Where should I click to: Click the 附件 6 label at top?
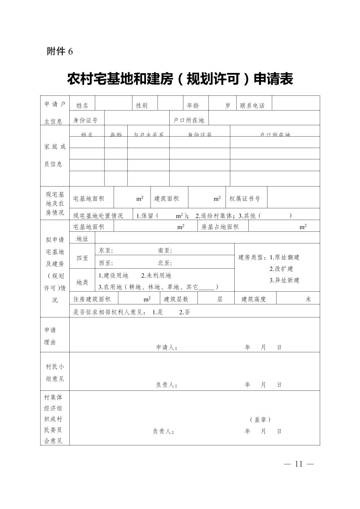pos(60,51)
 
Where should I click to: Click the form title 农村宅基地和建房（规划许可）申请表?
pos(180,79)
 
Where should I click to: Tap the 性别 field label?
pos(141,105)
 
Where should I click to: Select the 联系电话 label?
pos(252,105)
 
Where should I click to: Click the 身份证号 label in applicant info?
pos(85,120)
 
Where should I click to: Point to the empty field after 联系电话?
pos(296,103)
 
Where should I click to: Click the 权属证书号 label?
pos(245,199)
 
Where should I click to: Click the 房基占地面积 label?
pos(220,227)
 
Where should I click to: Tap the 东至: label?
pos(106,250)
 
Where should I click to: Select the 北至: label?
pos(165,263)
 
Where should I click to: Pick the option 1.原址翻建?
pos(285,257)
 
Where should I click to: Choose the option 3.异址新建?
pos(284,280)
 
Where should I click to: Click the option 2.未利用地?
pos(156,275)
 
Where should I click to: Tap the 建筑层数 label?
pos(176,299)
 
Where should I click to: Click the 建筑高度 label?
pos(254,299)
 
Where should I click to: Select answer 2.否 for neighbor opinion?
pos(184,312)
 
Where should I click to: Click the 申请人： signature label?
pos(167,347)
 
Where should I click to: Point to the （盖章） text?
pos(260,419)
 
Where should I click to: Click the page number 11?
pos(299,464)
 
